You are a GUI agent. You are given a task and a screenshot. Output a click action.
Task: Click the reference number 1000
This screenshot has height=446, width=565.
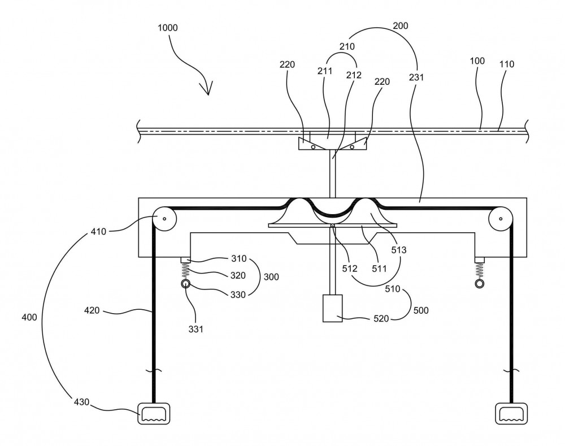(168, 28)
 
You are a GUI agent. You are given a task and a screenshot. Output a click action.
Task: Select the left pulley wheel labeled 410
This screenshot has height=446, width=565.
(164, 219)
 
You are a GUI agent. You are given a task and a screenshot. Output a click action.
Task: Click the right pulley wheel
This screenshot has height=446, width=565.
(501, 219)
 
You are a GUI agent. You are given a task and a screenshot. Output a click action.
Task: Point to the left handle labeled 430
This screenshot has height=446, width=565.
(154, 413)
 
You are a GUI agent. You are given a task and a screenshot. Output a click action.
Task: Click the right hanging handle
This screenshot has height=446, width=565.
(511, 413)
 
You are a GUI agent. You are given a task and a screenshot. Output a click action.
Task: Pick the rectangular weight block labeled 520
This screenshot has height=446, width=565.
(332, 308)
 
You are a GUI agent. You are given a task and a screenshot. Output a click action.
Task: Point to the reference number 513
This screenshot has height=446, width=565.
(398, 250)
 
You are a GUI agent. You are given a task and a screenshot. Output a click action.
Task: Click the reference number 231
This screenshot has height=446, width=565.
(416, 77)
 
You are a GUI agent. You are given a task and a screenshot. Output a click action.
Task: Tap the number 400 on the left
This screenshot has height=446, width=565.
(29, 317)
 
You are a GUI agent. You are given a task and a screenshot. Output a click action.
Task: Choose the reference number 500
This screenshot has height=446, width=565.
(421, 310)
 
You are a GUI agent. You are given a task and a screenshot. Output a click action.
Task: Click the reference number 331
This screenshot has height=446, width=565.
(195, 329)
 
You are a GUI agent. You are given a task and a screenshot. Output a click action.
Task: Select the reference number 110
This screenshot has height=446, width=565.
(507, 64)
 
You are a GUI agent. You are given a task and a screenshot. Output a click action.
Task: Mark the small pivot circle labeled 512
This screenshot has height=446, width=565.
(333, 226)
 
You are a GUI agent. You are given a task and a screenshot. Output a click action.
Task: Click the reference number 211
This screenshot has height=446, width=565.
(325, 71)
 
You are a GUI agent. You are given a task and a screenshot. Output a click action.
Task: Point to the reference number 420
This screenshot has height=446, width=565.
(92, 310)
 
